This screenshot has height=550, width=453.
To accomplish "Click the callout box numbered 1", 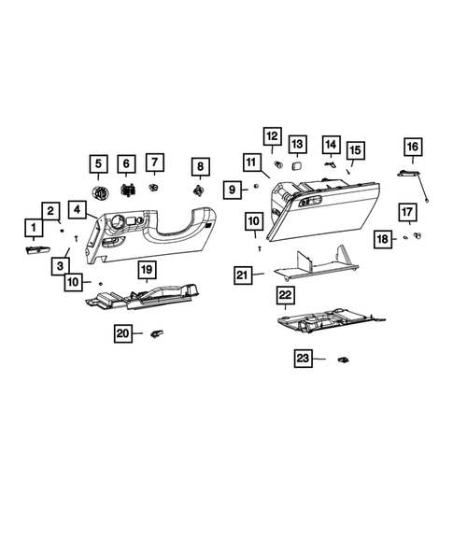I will coord(34,228).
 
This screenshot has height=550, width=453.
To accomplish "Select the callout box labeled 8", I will coord(198,166).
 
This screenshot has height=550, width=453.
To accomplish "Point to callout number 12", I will coord(272,137).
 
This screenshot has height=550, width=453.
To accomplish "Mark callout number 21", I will coord(243,275).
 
